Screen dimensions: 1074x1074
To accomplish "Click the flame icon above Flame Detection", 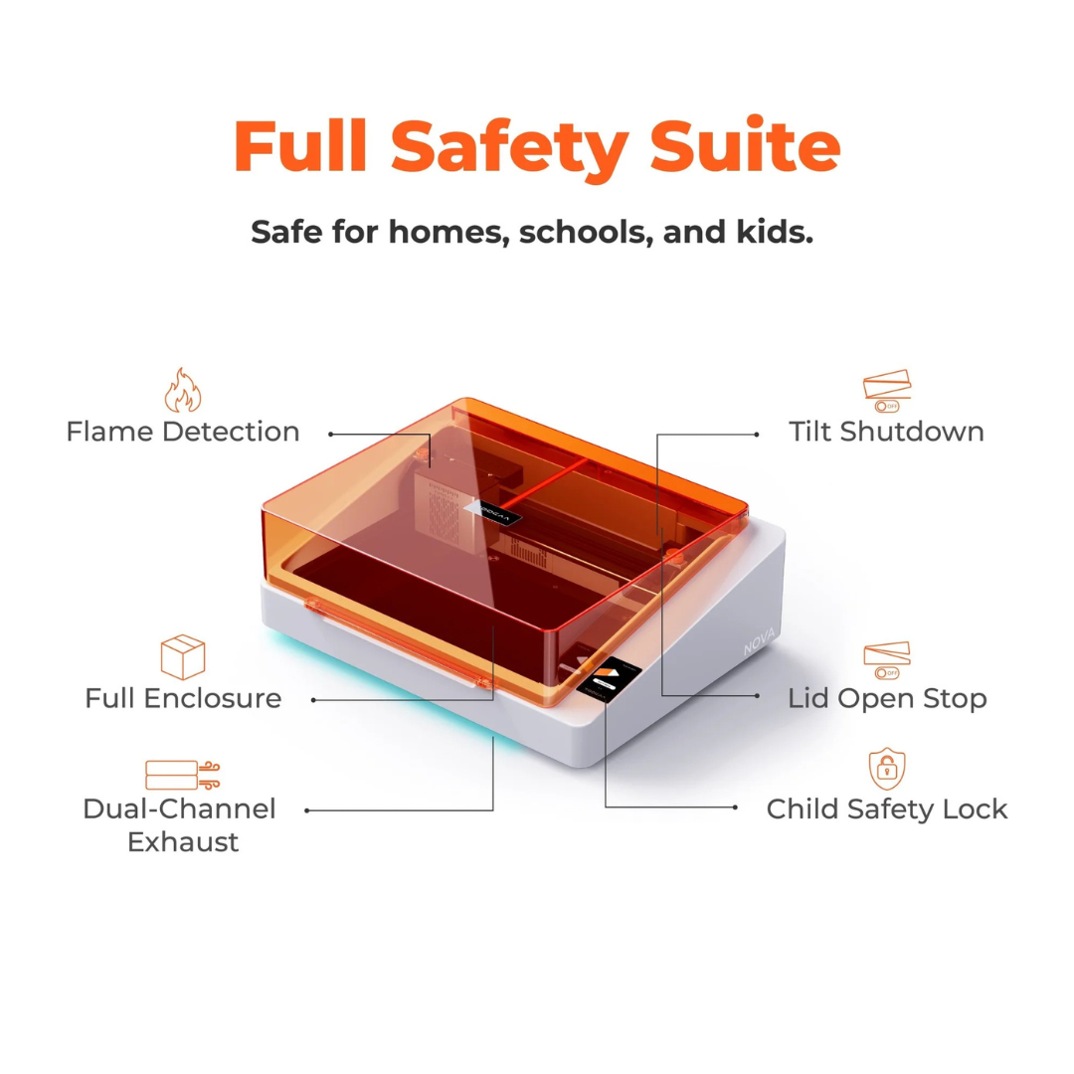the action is click(x=183, y=391).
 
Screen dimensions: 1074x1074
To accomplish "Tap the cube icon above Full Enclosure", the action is click(x=183, y=657).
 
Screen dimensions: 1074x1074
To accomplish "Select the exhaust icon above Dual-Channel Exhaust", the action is click(x=183, y=775).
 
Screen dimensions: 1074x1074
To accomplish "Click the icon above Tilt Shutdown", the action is click(x=887, y=391).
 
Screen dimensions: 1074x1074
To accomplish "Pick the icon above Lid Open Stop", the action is click(x=887, y=660).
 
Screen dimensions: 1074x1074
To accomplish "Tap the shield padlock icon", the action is click(x=887, y=769).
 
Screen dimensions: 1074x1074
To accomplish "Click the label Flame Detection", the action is click(x=183, y=432).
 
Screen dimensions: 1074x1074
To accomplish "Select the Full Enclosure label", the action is click(x=183, y=698).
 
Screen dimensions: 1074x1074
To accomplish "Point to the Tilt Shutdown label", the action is click(x=886, y=432).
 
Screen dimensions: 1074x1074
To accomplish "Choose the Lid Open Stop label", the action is click(x=887, y=698).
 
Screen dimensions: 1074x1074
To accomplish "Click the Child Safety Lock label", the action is click(x=887, y=808).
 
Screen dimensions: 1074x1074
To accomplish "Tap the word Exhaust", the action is click(x=183, y=842).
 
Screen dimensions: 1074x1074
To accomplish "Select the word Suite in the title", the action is click(x=745, y=145).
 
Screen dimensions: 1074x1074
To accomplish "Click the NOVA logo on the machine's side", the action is click(x=761, y=641).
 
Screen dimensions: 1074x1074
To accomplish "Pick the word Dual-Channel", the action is click(x=179, y=808).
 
